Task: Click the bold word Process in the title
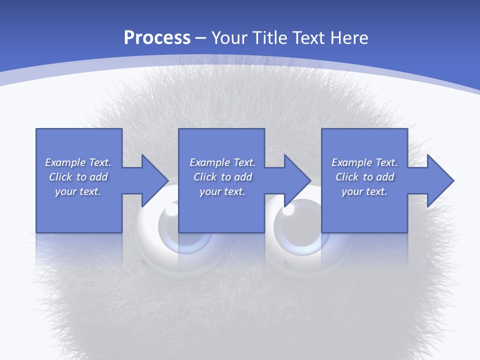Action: (x=157, y=38)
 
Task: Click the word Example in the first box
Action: (x=65, y=162)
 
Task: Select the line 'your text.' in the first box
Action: (x=78, y=191)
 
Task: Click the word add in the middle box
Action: (x=243, y=177)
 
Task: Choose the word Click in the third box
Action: (x=347, y=177)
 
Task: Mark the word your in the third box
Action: (x=352, y=191)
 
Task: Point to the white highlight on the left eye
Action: (x=171, y=210)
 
